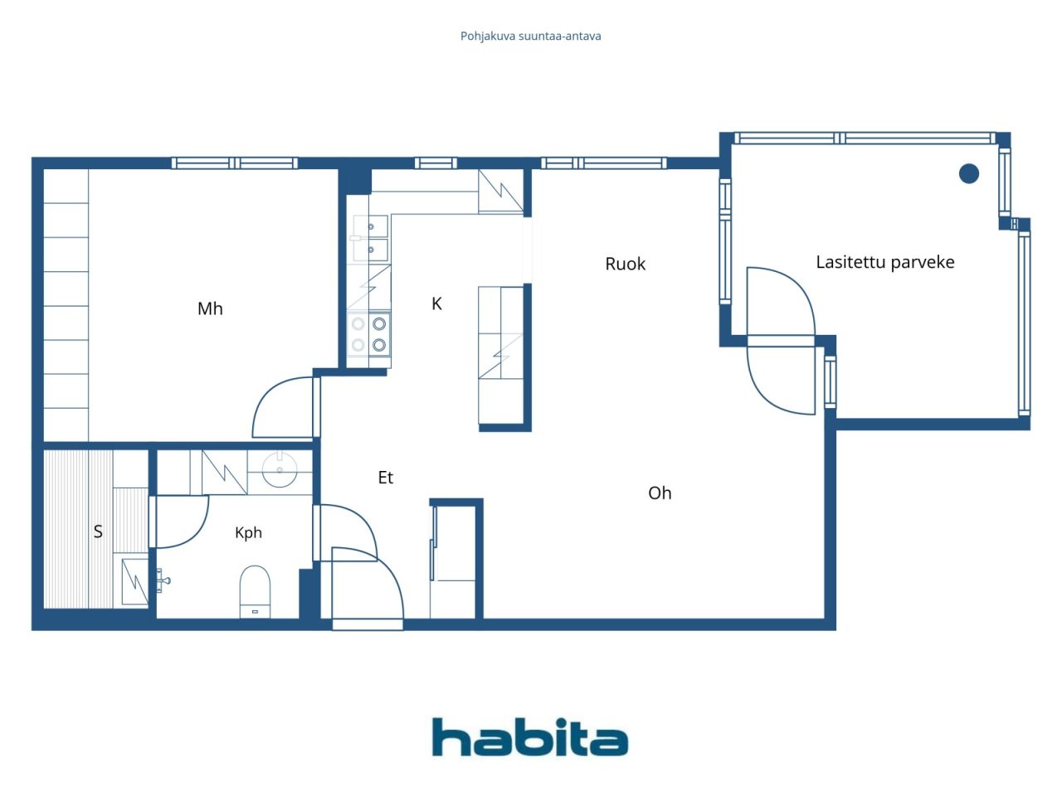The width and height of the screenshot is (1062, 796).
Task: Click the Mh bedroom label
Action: (210, 308)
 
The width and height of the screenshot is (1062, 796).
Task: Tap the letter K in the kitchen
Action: (436, 303)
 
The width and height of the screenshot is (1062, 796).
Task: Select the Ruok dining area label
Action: (625, 264)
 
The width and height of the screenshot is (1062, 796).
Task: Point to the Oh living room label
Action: (660, 493)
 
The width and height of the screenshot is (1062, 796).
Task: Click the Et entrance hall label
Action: (385, 478)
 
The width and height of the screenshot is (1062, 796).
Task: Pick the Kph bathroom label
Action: (248, 532)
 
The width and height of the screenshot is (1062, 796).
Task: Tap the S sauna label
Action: (98, 531)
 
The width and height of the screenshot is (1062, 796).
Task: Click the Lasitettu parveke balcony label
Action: (885, 262)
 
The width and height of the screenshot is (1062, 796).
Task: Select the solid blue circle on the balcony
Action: (968, 173)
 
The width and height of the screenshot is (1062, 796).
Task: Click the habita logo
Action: (530, 736)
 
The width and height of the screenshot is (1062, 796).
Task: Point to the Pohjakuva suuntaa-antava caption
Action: (530, 36)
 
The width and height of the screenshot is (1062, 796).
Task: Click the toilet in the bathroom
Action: (255, 591)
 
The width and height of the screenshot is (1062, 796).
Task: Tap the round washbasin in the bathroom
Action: (280, 468)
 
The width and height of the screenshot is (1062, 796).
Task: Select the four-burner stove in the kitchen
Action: (368, 334)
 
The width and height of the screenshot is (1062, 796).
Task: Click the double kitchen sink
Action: (370, 238)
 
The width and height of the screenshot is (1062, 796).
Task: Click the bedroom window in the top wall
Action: (235, 163)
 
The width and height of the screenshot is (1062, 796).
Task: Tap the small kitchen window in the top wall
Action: (436, 163)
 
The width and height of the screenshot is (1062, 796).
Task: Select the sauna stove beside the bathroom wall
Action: (134, 581)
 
